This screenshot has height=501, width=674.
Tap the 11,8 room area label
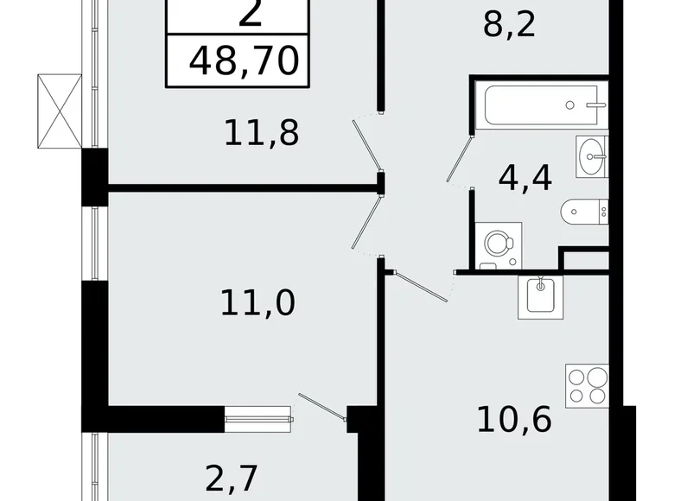coord(261,133)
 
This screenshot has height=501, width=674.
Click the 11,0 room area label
coord(256,303)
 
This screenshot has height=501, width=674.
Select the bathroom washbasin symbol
coord(593,156)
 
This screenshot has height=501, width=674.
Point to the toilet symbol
coord(585,211)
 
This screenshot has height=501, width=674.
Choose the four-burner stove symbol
coord(587,384)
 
